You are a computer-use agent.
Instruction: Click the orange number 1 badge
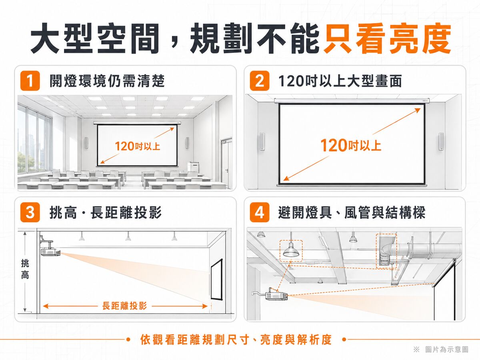coord(30,81)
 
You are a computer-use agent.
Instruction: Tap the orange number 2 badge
coord(260,81)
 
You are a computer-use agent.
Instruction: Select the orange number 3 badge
coord(30,212)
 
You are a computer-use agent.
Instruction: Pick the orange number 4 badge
coord(260,212)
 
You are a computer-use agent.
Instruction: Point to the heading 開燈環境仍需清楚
coord(107,81)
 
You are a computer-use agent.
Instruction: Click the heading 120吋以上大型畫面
coord(340,81)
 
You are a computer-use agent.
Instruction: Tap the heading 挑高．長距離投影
coord(106,212)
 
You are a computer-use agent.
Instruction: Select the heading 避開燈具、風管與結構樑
coord(352,212)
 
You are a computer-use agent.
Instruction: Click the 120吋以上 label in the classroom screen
coord(138,146)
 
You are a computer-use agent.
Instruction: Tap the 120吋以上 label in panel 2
coord(351,145)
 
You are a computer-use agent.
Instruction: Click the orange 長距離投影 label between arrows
coord(125,306)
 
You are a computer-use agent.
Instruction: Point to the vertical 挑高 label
coord(25,269)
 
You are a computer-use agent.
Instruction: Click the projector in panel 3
coord(50,252)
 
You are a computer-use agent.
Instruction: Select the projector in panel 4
coord(276,296)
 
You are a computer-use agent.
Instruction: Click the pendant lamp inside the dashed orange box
coord(291,251)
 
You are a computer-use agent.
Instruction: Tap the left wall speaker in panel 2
coord(262,142)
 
